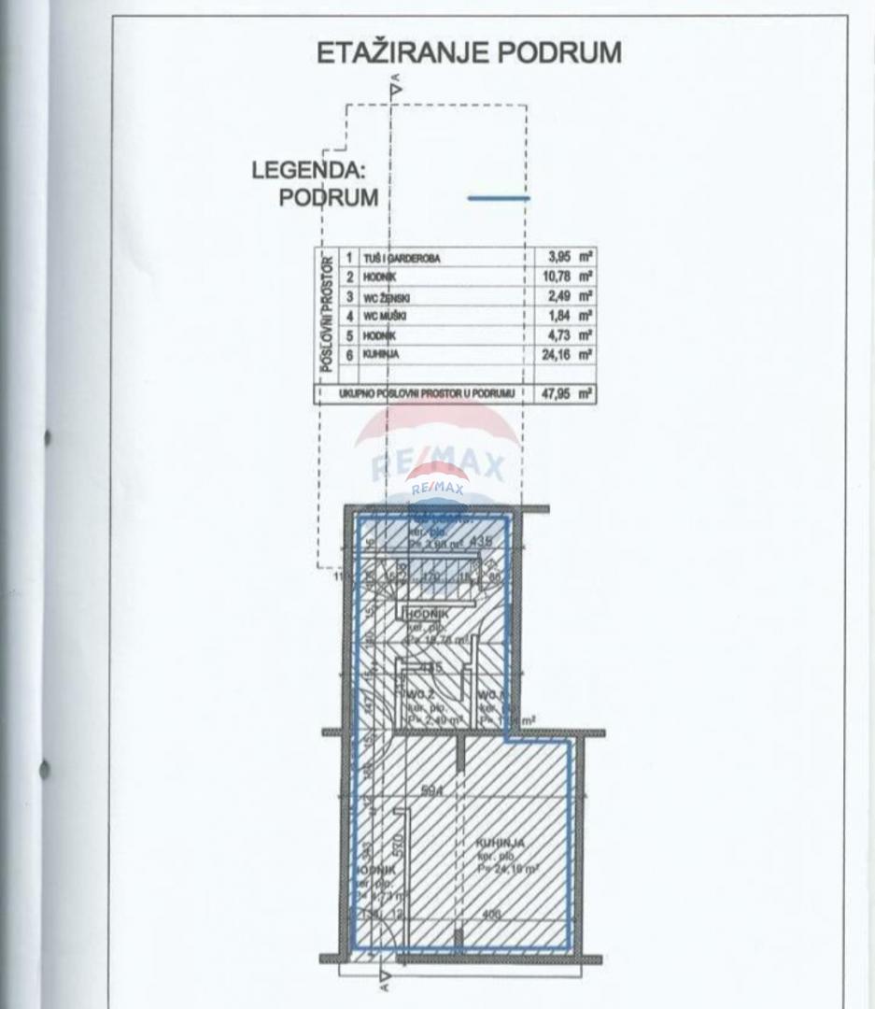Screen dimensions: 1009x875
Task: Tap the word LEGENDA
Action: click(x=307, y=172)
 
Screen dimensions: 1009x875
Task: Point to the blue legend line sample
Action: click(x=498, y=198)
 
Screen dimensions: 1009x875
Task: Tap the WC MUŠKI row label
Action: click(x=385, y=316)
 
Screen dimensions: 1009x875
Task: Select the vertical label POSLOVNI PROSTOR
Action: click(x=328, y=312)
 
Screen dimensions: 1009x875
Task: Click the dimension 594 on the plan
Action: click(x=430, y=790)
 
